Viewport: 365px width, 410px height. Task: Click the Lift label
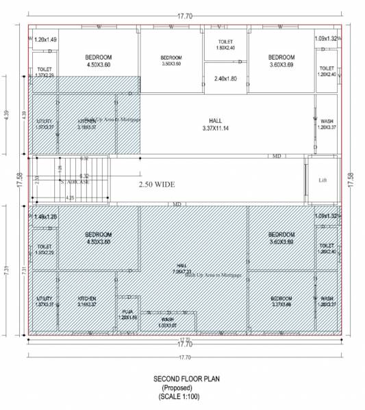(323, 180)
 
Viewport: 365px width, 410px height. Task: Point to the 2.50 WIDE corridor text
(157, 184)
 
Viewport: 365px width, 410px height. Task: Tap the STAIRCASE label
(75, 182)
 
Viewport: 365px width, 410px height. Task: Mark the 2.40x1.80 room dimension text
(225, 78)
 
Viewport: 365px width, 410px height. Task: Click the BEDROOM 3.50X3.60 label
(171, 60)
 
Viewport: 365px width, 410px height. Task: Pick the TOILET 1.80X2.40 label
(225, 45)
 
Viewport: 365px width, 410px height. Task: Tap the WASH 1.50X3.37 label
(168, 322)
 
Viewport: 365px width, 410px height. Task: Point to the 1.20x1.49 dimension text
(45, 39)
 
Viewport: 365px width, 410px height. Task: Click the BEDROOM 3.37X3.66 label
(281, 301)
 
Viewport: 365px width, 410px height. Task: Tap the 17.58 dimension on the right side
(351, 180)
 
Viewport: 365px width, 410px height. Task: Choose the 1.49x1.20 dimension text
(45, 217)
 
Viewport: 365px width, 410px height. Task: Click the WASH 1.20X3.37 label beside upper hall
(327, 124)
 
